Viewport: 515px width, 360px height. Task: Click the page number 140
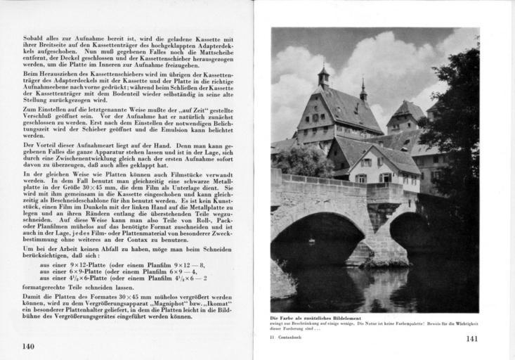28,345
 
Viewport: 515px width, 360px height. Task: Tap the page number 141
472,339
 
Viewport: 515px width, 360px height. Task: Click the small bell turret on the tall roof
322,75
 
